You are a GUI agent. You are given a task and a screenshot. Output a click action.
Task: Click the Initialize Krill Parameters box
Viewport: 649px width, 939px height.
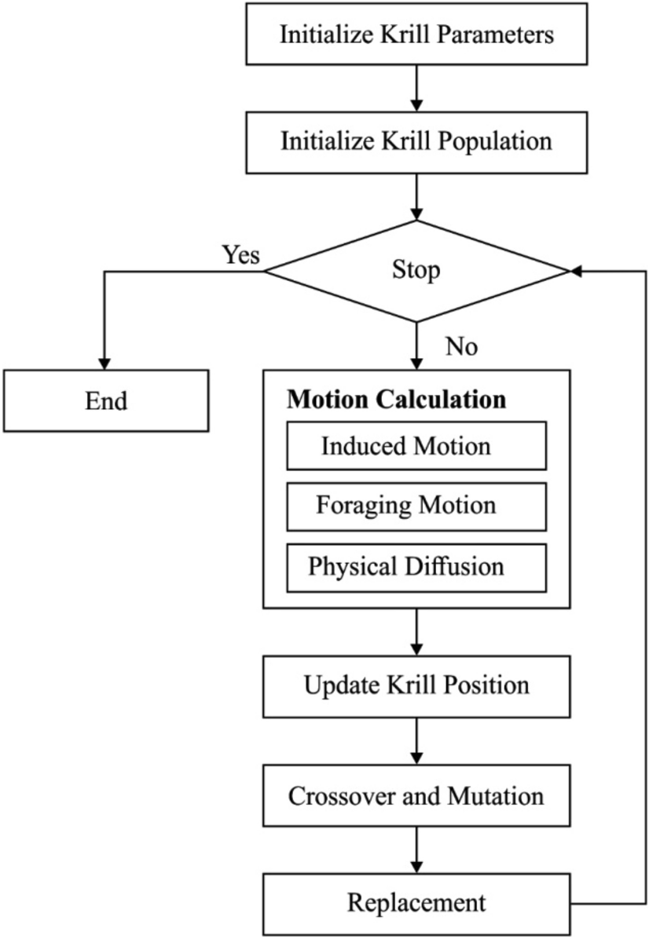tap(416, 35)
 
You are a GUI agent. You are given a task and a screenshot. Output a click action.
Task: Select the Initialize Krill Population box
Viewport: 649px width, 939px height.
tap(416, 141)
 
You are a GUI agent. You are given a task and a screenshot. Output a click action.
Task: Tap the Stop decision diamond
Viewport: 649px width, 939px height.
tap(416, 271)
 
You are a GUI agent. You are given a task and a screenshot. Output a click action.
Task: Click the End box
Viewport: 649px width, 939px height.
tap(105, 400)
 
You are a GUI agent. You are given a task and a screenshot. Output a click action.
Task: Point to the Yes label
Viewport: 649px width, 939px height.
tap(240, 254)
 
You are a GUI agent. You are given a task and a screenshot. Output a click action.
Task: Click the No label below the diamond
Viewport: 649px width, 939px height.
tap(460, 346)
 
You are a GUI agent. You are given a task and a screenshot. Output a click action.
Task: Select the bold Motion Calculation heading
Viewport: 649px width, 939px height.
tap(396, 399)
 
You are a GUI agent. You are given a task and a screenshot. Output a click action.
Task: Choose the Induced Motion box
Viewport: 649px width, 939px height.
tap(416, 448)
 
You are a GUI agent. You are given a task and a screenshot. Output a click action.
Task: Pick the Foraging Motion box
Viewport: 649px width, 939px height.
tap(416, 506)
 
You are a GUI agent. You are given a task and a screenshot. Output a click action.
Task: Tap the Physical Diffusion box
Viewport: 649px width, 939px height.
tap(416, 567)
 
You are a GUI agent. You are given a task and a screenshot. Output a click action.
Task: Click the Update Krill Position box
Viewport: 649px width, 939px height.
tap(416, 686)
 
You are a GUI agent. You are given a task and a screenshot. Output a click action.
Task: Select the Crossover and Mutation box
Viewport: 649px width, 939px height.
tap(416, 797)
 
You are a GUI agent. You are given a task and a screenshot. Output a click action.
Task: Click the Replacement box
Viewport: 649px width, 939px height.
tap(416, 903)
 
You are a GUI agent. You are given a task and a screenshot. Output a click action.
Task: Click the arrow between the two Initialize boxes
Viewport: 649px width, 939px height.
tap(416, 89)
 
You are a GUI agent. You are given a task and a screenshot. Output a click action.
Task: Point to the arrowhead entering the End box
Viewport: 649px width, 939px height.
tap(105, 363)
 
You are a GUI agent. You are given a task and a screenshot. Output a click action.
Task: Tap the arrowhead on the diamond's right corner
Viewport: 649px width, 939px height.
tap(575, 271)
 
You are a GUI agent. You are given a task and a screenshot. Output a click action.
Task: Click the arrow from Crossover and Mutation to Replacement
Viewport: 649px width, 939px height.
tap(416, 851)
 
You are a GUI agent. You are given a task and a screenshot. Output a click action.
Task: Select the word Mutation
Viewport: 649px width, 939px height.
tap(495, 797)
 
